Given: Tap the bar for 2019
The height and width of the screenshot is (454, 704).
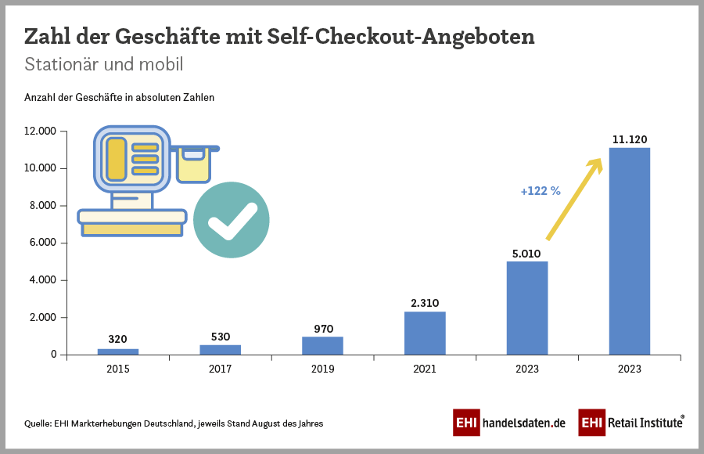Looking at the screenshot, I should (322, 346).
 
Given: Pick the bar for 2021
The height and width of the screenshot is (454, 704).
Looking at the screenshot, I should (425, 333).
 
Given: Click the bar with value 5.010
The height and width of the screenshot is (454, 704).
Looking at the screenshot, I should (527, 308).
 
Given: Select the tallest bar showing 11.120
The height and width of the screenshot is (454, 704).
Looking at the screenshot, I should (630, 250).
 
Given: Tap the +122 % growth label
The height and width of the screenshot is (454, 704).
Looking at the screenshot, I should (541, 191).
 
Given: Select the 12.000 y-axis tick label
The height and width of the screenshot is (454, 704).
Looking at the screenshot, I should (39, 132).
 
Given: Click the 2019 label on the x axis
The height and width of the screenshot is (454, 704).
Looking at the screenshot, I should (322, 369).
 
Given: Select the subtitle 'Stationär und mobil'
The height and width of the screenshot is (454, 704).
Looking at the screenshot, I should (104, 64).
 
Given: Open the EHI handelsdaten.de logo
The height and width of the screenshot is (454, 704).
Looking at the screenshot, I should (509, 423).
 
